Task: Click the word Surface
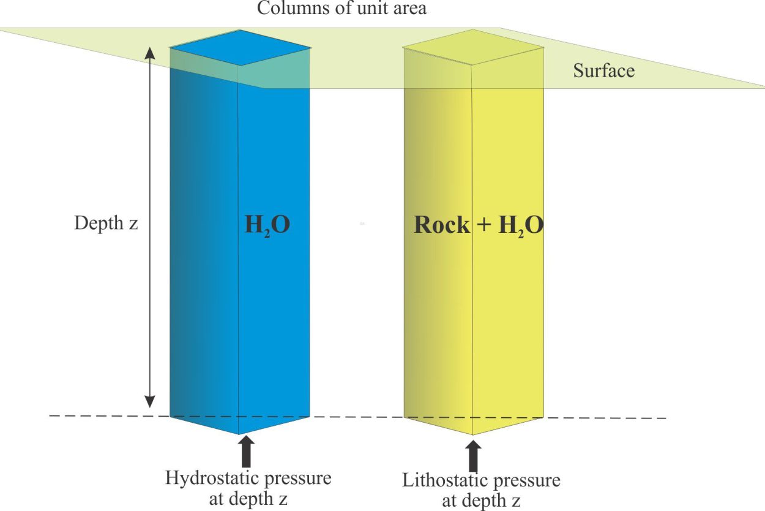604,70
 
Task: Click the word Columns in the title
293,8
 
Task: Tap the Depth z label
106,223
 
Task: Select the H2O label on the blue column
267,225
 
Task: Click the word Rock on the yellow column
442,225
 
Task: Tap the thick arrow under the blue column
246,451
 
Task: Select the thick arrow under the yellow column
473,456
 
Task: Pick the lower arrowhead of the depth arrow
149,402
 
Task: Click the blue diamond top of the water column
241,48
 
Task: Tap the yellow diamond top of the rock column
473,47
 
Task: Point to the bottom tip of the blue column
239,434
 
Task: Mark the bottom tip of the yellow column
473,435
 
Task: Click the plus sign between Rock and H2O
484,225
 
